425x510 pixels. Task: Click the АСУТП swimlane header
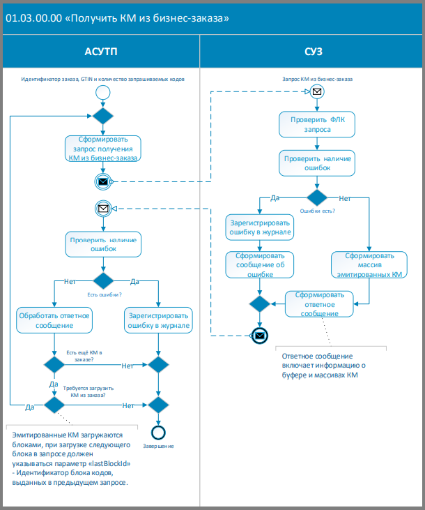(x=101, y=52)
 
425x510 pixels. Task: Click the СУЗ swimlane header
(x=314, y=52)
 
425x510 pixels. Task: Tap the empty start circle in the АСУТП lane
(x=103, y=92)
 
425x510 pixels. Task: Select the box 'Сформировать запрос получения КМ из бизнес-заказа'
(x=103, y=149)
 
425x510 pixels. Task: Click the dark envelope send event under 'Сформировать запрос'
(x=103, y=181)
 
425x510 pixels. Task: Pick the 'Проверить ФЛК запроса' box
(x=317, y=124)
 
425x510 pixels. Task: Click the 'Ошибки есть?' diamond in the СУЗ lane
(x=317, y=197)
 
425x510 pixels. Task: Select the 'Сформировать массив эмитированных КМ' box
(x=369, y=264)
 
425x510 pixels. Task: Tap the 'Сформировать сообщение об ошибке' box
(x=260, y=264)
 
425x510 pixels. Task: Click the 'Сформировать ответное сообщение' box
(x=319, y=304)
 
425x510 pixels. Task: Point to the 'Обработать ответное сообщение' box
(x=54, y=320)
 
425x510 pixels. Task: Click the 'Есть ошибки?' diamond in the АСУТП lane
(x=103, y=280)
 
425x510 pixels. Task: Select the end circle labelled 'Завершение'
(x=158, y=433)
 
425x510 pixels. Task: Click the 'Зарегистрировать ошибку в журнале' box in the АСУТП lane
(x=159, y=320)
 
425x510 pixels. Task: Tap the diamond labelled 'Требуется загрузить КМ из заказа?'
(x=54, y=405)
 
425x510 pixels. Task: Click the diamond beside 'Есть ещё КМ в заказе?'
(x=54, y=365)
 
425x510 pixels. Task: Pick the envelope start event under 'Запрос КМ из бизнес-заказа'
(x=317, y=91)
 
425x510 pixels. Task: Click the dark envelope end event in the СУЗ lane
(x=260, y=336)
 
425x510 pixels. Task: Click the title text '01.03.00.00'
(x=34, y=18)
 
